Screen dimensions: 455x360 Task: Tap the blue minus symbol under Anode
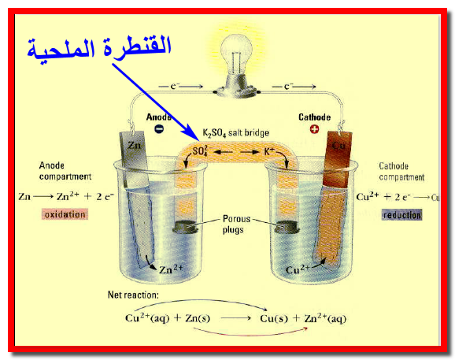pos(159,128)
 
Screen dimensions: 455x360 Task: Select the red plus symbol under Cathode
pos(315,129)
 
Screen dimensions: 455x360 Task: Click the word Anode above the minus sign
pos(158,117)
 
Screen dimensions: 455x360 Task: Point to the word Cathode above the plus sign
pos(315,117)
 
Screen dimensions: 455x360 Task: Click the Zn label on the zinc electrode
pos(134,145)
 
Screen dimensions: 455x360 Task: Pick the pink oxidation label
pos(65,214)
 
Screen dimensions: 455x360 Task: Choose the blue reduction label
pos(401,215)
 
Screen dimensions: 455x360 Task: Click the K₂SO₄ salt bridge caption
pos(235,133)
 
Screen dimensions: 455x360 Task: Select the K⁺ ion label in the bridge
pos(269,151)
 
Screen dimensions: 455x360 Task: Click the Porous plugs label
pos(236,224)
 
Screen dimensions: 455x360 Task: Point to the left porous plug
pos(186,227)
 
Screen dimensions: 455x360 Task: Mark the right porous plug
pos(286,227)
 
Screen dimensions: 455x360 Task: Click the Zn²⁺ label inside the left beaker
pos(171,269)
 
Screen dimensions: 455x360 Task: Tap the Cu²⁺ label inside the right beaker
pos(298,269)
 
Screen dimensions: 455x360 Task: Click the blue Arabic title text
pos(99,49)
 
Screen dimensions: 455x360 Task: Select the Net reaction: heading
pos(133,295)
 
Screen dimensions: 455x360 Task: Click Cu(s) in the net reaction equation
pos(274,318)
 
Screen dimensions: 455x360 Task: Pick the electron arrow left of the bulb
pos(181,86)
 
